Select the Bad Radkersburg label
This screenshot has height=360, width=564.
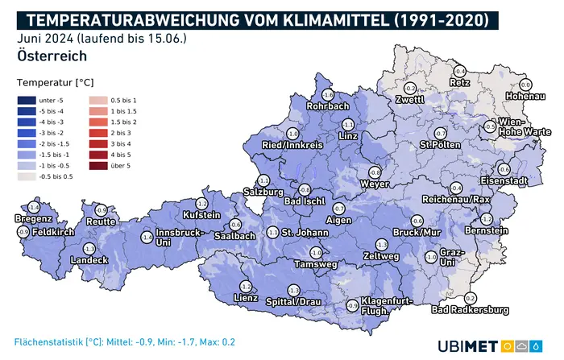point(470,309)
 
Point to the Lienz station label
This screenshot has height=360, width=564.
point(245,298)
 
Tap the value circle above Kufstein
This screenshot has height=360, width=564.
point(201,204)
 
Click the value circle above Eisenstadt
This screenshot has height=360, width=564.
point(504,169)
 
